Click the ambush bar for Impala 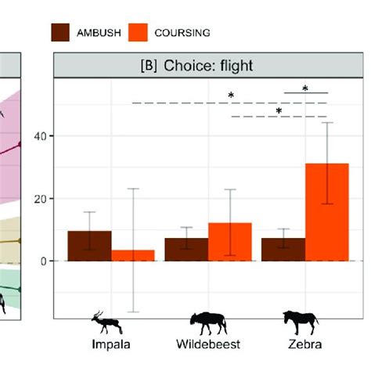coord(89,246)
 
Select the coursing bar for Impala coord(133,255)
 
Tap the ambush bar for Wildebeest coord(185,249)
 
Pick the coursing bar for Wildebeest coord(229,242)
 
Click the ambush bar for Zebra coord(283,249)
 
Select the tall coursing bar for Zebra coord(326,212)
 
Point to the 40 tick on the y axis coord(41,136)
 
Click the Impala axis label coord(111,344)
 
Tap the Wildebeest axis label coord(208,344)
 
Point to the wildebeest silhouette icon coord(207,320)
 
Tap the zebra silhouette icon coord(301,320)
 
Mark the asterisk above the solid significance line coord(304,88)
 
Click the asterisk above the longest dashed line coord(231,96)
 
